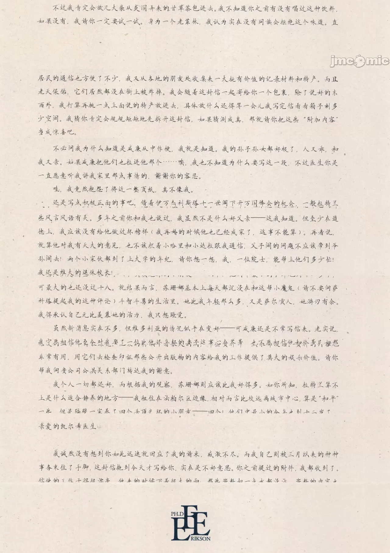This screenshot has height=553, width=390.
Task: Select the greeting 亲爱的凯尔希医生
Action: [x=67, y=426]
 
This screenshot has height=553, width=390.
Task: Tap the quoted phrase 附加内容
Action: [x=320, y=119]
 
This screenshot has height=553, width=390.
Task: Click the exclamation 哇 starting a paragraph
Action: [x=56, y=190]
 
